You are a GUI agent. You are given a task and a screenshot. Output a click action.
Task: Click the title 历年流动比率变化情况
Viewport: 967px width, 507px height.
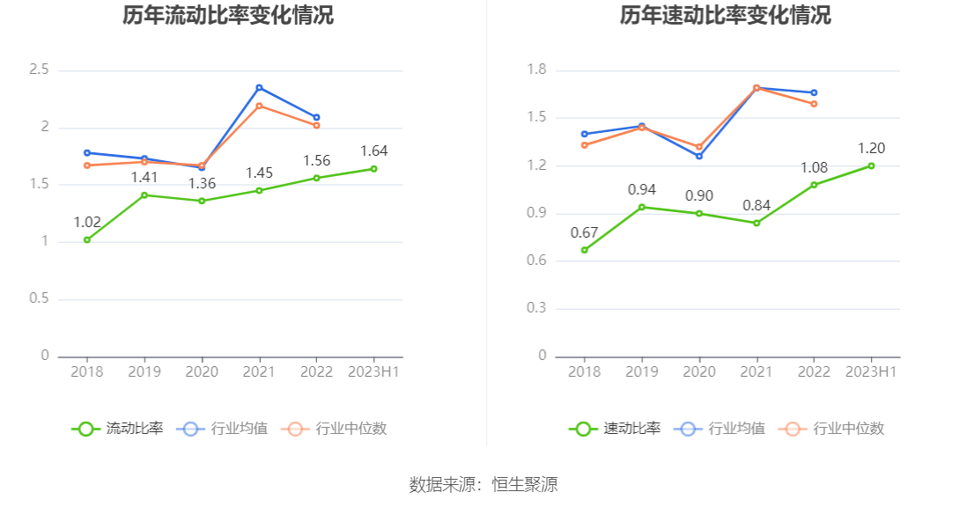coord(228,15)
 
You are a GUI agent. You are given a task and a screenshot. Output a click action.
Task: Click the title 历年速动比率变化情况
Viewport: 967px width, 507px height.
coord(725,15)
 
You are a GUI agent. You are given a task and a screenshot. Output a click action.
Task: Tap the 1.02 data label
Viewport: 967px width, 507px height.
coord(87,222)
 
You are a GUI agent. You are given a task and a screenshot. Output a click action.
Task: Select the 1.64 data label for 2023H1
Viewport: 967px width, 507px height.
coord(373,151)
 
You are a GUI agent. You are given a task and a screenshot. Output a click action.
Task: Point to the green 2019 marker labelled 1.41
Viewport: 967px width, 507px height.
coord(144,195)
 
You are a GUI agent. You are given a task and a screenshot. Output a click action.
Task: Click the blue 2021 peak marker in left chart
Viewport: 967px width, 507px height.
coord(259,88)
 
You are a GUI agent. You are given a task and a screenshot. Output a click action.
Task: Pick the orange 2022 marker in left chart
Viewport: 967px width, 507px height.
coord(316,125)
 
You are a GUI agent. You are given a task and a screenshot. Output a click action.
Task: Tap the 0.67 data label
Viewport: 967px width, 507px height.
coord(584,232)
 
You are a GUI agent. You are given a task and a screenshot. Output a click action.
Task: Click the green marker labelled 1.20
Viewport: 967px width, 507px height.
coord(871,165)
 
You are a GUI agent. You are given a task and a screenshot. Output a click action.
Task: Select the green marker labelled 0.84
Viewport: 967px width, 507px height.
coord(757,223)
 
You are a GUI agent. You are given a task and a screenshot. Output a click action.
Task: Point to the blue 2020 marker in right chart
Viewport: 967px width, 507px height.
coord(699,156)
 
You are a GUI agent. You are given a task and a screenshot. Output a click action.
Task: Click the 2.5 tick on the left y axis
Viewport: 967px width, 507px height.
coord(39,70)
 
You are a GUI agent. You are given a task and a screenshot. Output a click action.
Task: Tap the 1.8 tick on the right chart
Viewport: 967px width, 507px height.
coord(535,70)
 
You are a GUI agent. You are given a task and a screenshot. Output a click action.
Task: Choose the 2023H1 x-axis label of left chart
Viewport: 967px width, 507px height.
coord(373,371)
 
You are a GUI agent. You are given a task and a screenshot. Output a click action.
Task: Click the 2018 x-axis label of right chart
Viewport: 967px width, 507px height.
coord(584,371)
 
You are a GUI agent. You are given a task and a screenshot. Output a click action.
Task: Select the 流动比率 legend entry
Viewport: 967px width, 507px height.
coord(118,429)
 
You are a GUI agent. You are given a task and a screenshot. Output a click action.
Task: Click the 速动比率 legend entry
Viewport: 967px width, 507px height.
coord(615,429)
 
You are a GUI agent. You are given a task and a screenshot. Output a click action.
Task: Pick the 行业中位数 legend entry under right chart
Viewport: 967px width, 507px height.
coord(835,429)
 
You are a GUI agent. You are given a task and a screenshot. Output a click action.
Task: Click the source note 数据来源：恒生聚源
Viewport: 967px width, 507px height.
coord(484,484)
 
